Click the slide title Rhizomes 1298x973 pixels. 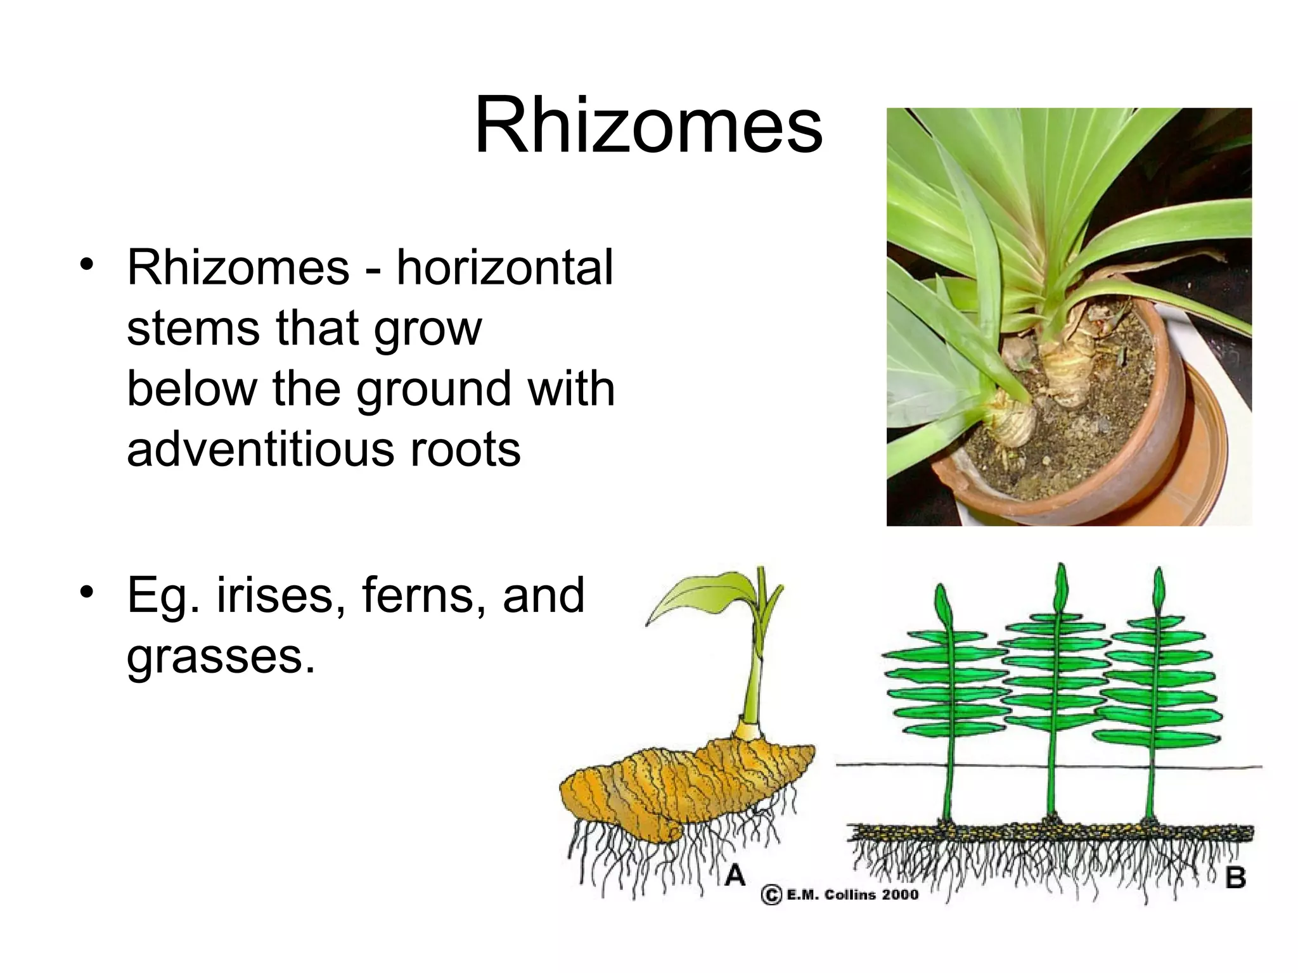click(x=648, y=125)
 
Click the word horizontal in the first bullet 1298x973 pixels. click(x=504, y=269)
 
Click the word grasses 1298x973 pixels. click(x=220, y=657)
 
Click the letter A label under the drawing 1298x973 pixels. click(x=735, y=876)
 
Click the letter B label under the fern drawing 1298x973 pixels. click(x=1235, y=879)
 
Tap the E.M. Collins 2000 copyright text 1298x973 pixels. click(x=840, y=895)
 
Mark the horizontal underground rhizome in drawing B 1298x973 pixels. click(x=1052, y=832)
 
